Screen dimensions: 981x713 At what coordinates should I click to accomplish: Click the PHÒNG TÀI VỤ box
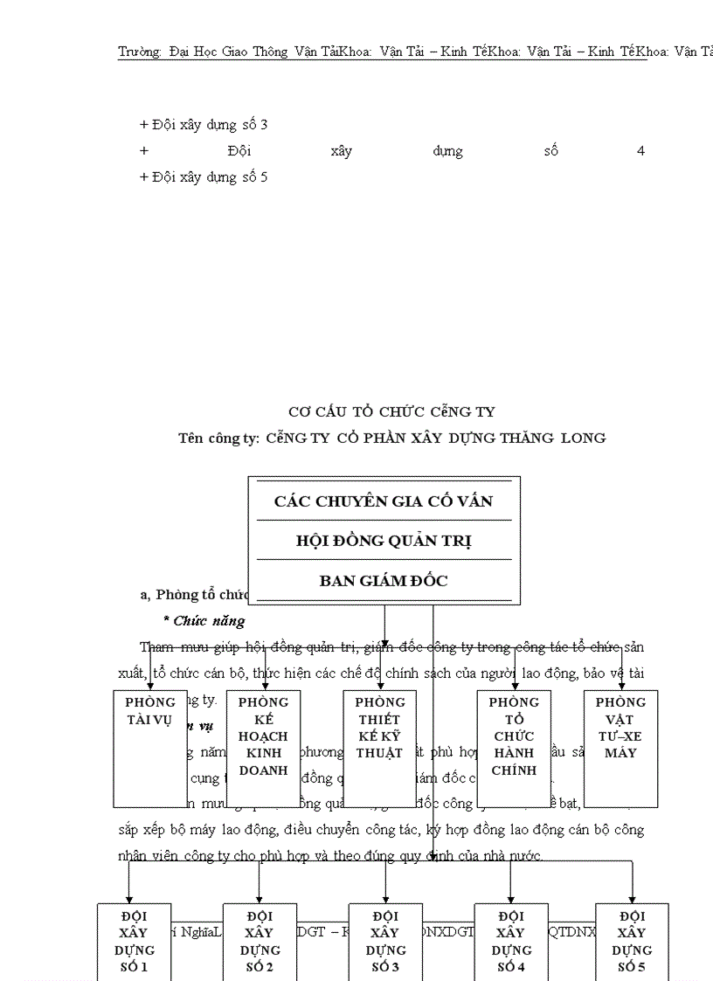(x=150, y=749)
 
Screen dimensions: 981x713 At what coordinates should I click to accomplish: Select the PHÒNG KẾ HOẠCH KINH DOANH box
(x=263, y=749)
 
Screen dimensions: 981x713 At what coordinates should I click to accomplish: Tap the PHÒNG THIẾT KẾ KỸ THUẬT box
(x=379, y=749)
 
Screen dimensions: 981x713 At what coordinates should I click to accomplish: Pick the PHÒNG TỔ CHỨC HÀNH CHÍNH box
(x=513, y=749)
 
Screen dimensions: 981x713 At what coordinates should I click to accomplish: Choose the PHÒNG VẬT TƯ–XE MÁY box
(x=620, y=749)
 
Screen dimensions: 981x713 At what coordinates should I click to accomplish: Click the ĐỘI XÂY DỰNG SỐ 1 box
(x=134, y=942)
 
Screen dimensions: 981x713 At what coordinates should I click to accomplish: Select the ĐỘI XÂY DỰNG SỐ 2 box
(x=260, y=942)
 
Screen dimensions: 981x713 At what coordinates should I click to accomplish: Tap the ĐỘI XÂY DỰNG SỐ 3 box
(x=385, y=942)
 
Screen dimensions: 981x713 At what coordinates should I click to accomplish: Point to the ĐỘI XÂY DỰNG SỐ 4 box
(x=510, y=942)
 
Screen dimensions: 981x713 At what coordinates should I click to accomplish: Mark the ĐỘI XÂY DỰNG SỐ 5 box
(x=632, y=942)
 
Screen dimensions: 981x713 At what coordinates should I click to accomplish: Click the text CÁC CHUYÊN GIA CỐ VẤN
(x=384, y=501)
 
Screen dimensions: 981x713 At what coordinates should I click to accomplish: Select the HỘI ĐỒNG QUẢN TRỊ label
(x=384, y=542)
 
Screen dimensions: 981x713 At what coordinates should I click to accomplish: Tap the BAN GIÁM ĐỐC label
(x=384, y=581)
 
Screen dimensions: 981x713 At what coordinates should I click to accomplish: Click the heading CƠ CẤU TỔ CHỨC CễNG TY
(x=391, y=411)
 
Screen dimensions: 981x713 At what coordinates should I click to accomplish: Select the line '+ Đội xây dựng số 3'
(x=204, y=125)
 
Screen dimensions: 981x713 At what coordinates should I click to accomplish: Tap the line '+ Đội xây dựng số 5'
(x=204, y=177)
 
